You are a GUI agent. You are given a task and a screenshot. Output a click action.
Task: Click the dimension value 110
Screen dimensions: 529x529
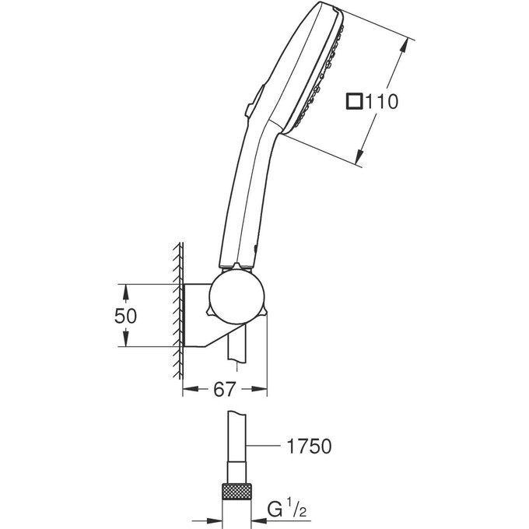[382, 101]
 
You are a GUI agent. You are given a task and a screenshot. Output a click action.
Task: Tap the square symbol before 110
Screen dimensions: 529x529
[355, 101]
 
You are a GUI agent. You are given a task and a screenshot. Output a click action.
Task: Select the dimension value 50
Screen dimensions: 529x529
[126, 316]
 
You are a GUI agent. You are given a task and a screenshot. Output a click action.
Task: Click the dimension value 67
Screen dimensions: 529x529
[224, 391]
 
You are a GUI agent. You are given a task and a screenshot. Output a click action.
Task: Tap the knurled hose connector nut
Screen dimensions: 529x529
[236, 492]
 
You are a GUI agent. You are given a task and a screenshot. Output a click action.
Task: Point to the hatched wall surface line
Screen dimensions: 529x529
[179, 311]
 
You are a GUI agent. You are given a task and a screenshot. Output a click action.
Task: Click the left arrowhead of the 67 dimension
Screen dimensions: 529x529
[187, 391]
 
